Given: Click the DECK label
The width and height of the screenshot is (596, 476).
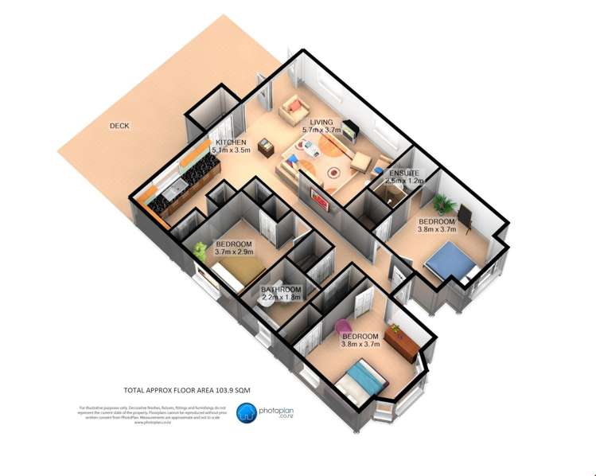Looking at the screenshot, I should point(120,126).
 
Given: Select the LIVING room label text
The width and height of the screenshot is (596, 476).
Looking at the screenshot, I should point(321,123).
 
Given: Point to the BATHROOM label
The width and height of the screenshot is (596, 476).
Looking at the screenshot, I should point(281,289).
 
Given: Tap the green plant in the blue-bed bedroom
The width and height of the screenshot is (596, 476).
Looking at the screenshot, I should point(441,200).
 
